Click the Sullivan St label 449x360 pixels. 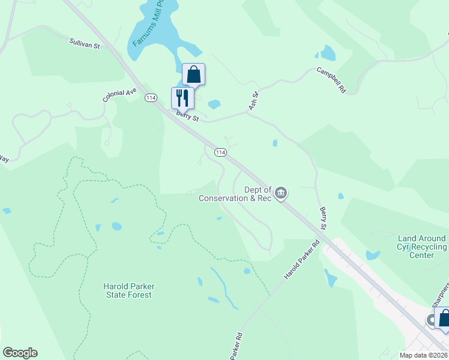point(84,43)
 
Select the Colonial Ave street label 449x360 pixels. point(119,95)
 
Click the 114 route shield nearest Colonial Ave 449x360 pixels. point(151,98)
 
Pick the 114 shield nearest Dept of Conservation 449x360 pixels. point(220,152)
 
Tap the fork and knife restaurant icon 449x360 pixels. point(182,97)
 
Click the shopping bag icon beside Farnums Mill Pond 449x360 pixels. point(193,74)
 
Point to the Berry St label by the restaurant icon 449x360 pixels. point(187,115)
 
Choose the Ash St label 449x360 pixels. point(253,101)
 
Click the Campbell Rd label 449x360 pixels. point(332,79)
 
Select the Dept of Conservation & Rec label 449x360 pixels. point(235,194)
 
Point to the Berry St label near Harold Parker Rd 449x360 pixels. point(323,219)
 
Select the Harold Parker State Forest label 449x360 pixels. point(127,290)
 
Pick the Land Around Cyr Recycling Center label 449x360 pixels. point(421,247)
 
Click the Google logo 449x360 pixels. point(20,353)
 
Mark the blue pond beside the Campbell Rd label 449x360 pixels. point(328,52)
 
